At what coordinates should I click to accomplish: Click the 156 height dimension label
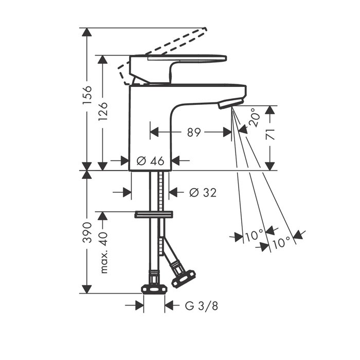[87, 95]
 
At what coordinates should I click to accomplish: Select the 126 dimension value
[103, 112]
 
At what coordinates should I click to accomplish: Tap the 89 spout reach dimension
[194, 132]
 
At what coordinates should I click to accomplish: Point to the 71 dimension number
[270, 135]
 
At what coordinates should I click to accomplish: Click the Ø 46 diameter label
[151, 160]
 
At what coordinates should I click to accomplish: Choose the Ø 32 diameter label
[203, 192]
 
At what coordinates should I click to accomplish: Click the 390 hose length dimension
[87, 232]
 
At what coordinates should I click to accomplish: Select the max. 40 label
[104, 253]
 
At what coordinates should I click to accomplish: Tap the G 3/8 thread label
[202, 306]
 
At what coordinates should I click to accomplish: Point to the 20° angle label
[255, 117]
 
